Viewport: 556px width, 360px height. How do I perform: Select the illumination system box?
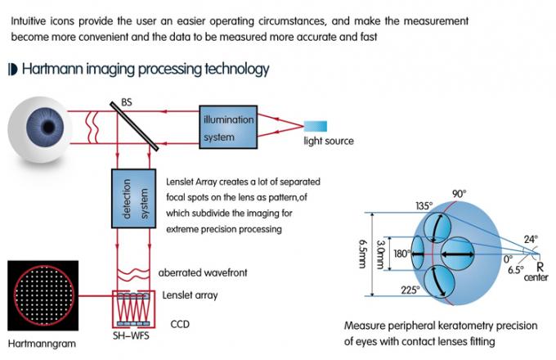228,127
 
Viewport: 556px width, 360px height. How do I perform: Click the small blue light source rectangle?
316,125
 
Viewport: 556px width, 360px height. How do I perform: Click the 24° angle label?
530,240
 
